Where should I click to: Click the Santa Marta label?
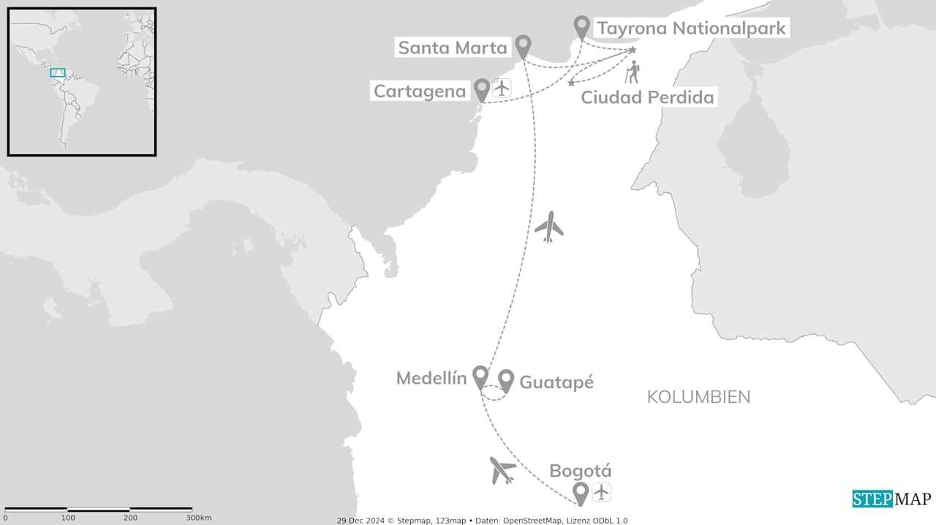coord(452,48)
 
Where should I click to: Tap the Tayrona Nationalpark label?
coord(691,29)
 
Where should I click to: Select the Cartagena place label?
coord(419,91)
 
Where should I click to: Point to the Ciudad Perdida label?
coord(647,97)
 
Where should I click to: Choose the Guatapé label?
coord(556,382)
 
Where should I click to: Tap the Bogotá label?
coord(580,471)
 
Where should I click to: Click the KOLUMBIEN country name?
coord(698,397)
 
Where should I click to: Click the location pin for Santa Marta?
coord(523,46)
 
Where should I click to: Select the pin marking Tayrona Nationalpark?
coord(581,26)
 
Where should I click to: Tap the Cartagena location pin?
coord(482,89)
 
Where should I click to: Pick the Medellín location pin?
coord(480,377)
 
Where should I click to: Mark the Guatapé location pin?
coord(506,380)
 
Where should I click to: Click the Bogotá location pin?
coord(581,494)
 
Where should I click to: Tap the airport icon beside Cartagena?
coord(502,88)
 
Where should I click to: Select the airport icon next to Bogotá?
coord(601,492)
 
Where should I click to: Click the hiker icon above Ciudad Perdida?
coord(632,72)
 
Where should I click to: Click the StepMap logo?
coord(891,499)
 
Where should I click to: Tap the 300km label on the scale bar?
coord(198,518)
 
